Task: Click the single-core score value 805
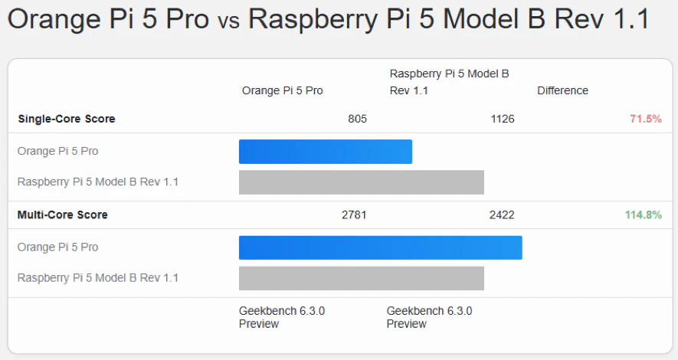pos(357,119)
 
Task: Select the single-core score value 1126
pos(502,119)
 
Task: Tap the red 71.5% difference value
pos(645,119)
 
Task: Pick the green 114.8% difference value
pos(643,215)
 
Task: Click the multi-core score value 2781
pos(354,215)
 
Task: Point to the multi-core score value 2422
pos(502,215)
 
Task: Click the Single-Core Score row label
pos(66,119)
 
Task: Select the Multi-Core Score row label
pos(62,215)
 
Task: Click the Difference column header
pos(562,90)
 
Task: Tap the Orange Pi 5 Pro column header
pos(282,90)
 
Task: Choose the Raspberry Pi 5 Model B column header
pos(449,82)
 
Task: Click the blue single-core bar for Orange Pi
pos(326,152)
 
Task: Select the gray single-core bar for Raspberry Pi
pos(362,182)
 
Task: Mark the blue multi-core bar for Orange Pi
pos(380,247)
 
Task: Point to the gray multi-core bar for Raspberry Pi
pos(362,278)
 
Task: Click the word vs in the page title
pos(228,20)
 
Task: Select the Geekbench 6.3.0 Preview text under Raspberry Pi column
pos(429,317)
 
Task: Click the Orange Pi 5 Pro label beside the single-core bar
pos(57,152)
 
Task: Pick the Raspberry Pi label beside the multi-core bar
pos(98,278)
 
